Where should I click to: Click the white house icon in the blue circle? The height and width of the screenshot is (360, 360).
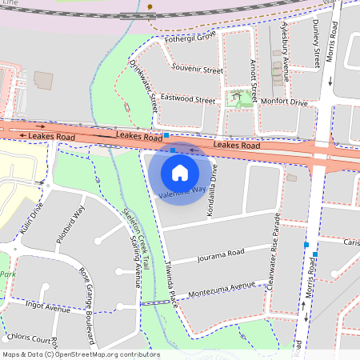tap(180, 172)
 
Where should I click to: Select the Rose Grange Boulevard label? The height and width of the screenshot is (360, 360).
tap(92, 293)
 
